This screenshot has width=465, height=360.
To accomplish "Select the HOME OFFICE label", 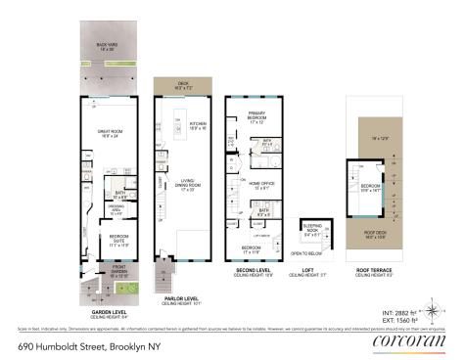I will tap(261, 185).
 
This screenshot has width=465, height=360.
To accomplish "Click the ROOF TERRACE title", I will tap(376, 271).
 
